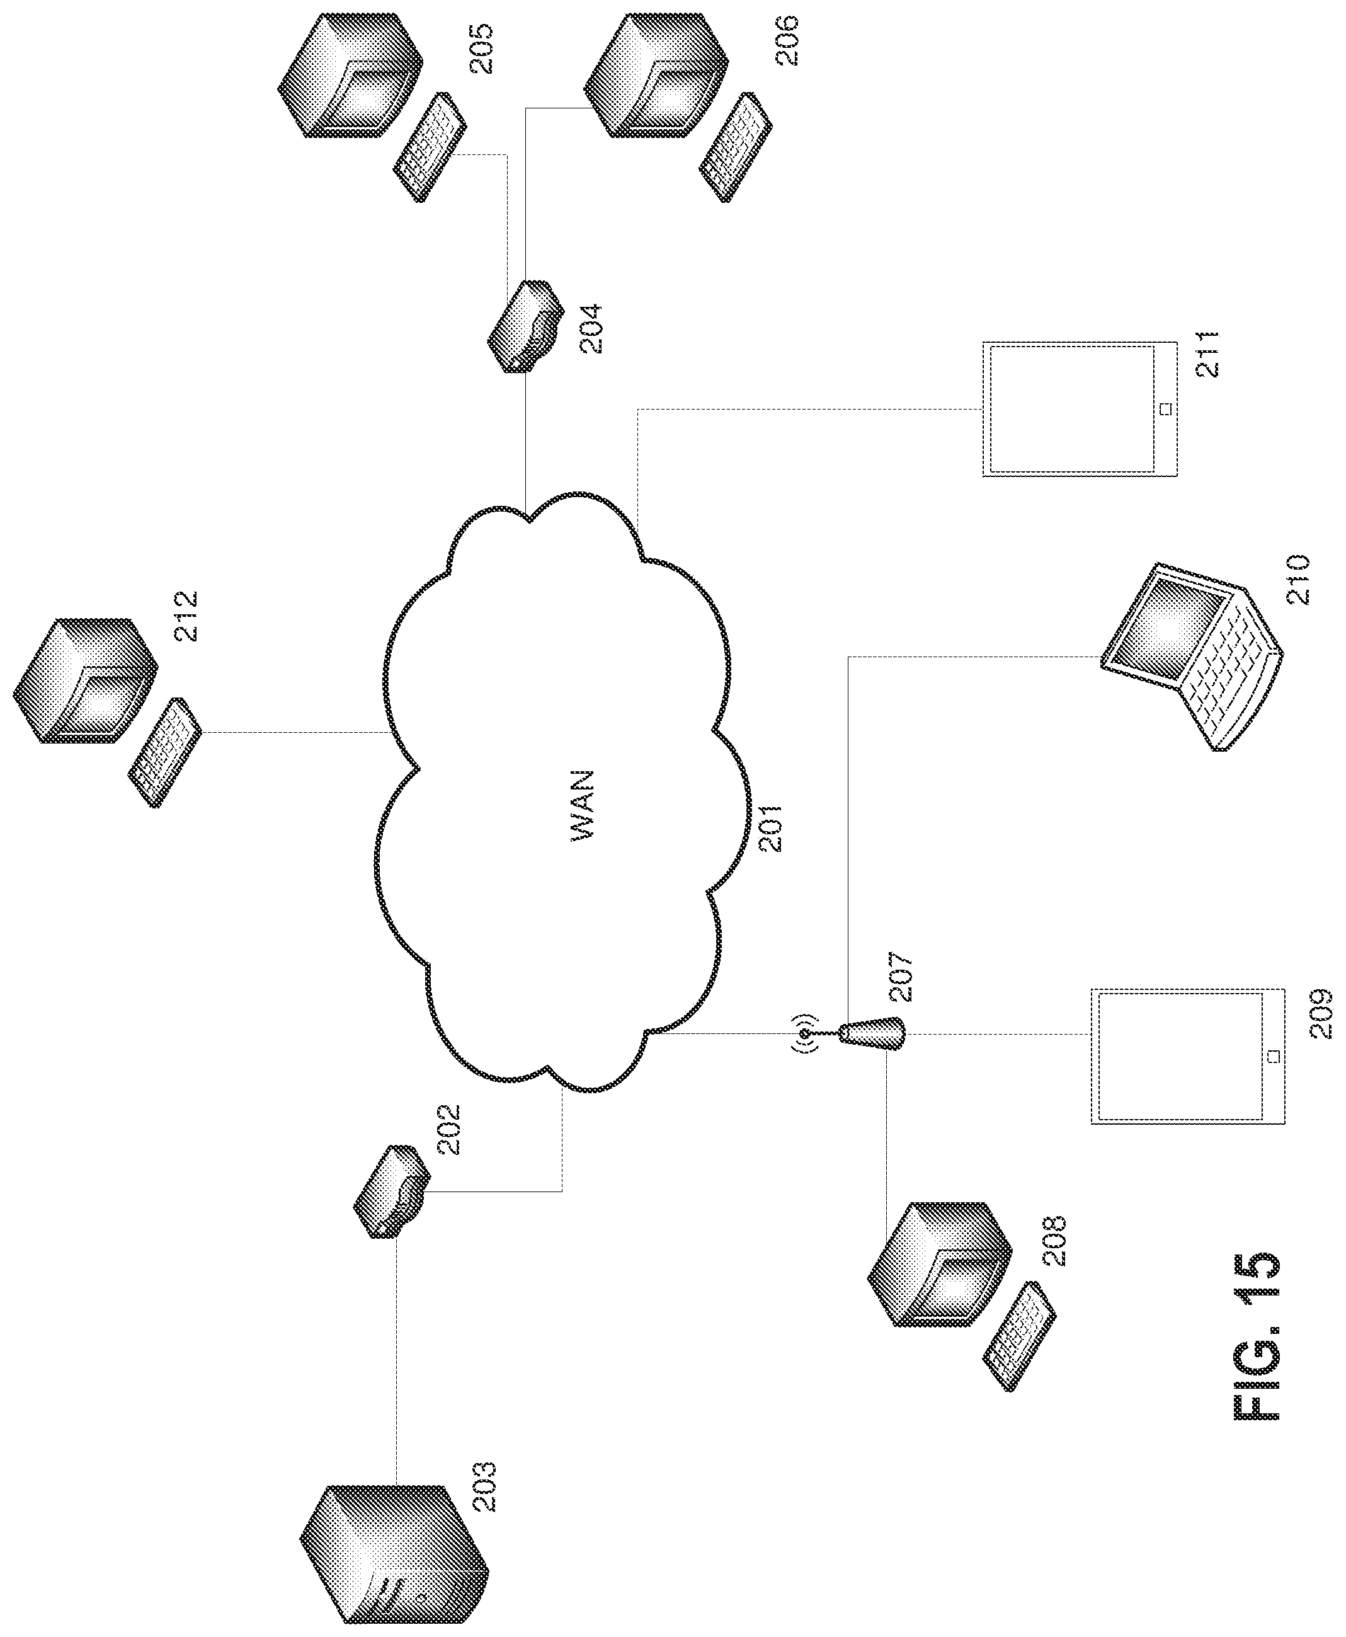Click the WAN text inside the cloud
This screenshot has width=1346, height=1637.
point(582,806)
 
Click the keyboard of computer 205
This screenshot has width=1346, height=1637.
point(430,147)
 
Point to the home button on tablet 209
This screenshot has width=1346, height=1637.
point(1272,1056)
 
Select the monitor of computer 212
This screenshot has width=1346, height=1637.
point(85,681)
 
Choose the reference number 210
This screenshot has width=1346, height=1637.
point(1297,579)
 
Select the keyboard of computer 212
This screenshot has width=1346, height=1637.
point(165,753)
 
